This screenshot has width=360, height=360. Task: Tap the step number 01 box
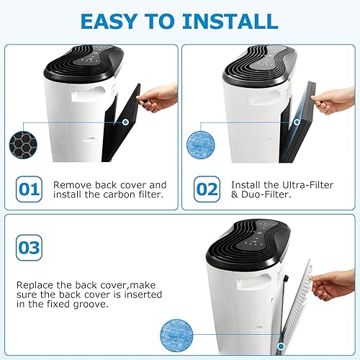coord(30,191)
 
